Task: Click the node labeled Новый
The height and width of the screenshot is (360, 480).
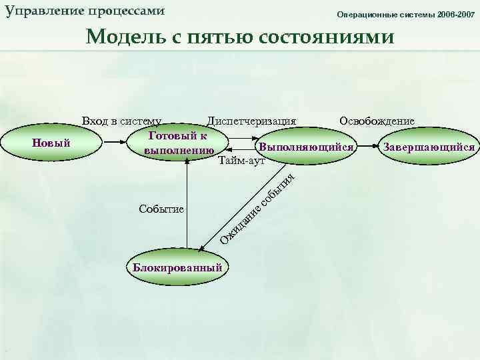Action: [52, 143]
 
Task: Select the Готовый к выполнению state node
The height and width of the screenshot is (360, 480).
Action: [178, 143]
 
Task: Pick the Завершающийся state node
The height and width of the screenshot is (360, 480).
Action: [427, 147]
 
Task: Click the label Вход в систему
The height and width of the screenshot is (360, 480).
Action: [121, 121]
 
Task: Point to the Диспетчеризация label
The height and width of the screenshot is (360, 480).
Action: [251, 121]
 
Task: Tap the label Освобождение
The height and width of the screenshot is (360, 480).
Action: [377, 121]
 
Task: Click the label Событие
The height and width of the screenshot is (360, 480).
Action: [161, 209]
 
